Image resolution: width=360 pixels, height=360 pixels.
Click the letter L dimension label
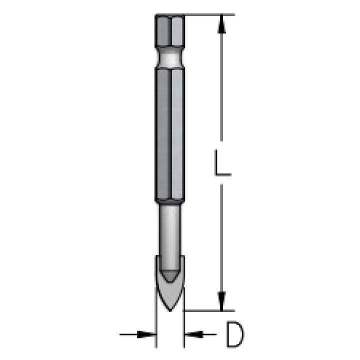(222, 162)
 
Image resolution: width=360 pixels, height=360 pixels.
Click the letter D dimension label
(235, 334)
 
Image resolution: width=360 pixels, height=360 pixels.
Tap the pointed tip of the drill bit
(170, 311)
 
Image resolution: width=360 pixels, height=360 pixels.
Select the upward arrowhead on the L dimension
(221, 24)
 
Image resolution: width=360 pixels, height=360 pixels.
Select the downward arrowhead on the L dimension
(221, 301)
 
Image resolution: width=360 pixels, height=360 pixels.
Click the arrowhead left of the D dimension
(146, 334)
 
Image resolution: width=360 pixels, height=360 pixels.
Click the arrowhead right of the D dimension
(194, 334)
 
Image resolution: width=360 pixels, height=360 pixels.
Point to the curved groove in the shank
(170, 57)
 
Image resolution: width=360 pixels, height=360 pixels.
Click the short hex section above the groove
(170, 31)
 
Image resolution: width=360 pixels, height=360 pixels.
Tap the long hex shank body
(170, 135)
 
